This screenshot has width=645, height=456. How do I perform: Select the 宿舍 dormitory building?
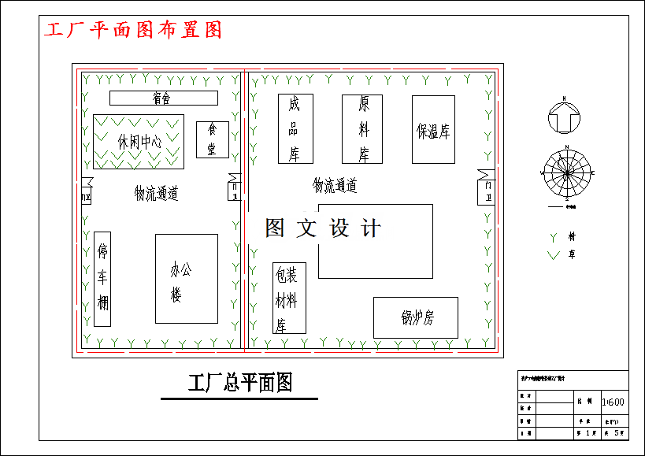pos(163,98)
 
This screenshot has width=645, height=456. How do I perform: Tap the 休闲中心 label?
pos(139,142)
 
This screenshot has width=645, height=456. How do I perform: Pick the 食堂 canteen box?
pos(212,139)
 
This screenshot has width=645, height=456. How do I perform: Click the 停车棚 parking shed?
pos(102,279)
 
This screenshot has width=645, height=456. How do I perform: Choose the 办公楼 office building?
pos(186,278)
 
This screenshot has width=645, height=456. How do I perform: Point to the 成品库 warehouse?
pos(295,128)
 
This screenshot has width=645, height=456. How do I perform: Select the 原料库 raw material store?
pos(361,128)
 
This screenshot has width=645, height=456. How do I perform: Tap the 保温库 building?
pos(433,130)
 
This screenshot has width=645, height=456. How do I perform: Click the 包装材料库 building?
pos(289,298)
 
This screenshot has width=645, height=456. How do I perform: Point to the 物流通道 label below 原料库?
pos(335,186)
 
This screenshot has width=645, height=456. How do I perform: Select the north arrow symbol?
pos(564,117)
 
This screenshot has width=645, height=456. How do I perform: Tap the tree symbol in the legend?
pos(553,236)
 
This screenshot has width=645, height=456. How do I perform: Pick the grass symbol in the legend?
pos(553,254)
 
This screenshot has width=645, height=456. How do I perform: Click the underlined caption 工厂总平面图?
pos(239,384)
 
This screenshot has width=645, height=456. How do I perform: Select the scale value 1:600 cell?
pos(613,402)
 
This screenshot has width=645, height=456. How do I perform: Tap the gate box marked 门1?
pos(234,187)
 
